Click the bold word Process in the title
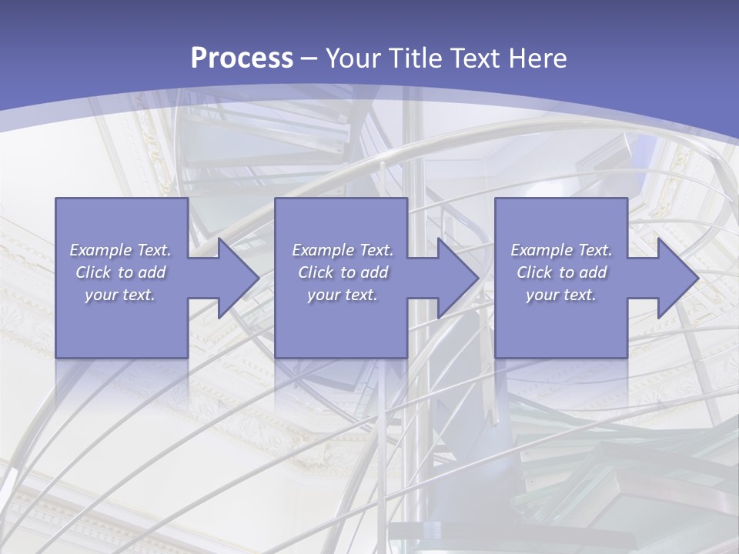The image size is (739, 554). (x=242, y=58)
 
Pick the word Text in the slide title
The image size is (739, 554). (x=476, y=58)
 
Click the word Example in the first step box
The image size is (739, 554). (x=100, y=250)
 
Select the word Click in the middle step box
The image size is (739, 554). (x=315, y=272)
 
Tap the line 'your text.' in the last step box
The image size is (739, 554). (x=560, y=295)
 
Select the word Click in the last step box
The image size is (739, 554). (x=533, y=272)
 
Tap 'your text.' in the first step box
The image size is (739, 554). (x=119, y=295)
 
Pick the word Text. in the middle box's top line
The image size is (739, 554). (x=375, y=250)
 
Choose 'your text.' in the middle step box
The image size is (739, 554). (x=342, y=295)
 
